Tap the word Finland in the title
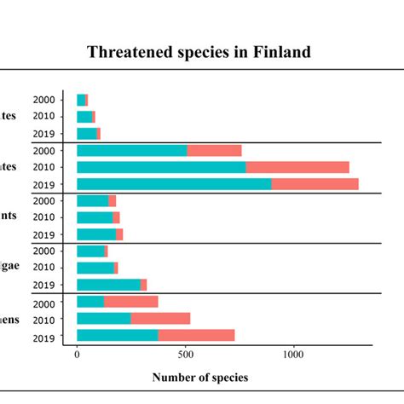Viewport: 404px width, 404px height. tap(281, 53)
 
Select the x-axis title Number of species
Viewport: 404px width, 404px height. tap(200, 377)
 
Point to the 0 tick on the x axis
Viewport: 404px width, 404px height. tap(78, 354)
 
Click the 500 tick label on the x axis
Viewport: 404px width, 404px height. tap(186, 354)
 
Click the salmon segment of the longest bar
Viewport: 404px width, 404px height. tap(315, 184)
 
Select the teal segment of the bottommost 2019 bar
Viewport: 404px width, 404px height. tap(118, 335)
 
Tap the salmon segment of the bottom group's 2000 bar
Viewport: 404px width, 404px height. tap(130, 302)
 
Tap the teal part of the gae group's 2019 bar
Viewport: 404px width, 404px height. tap(108, 285)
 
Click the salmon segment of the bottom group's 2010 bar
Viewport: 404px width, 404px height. tap(160, 318)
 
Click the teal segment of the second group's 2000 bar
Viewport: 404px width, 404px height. tap(132, 151)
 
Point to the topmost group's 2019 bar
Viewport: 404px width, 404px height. tap(88, 134)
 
